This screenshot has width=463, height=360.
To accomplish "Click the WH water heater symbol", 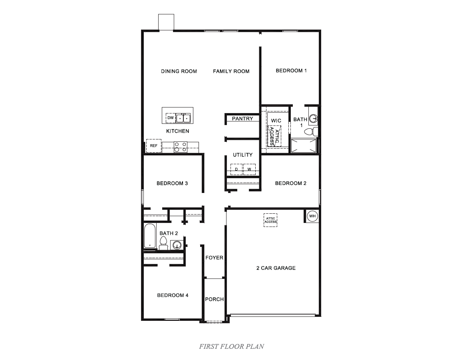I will coord(312,216).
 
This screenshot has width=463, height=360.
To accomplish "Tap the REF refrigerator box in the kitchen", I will coord(153,146).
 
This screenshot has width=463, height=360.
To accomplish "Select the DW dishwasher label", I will coord(171,118).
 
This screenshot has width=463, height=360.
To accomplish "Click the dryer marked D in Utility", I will coord(236,169).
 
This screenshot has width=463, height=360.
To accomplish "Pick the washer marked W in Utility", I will coord(249,169).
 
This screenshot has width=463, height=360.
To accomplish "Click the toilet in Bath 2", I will coord(163,243).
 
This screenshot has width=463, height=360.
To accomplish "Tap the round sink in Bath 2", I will coord(177,245).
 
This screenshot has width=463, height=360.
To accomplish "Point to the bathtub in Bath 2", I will coord(150,237).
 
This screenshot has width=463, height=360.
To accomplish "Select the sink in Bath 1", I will coord(314,118).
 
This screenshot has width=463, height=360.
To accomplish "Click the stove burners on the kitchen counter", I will coord(181,147).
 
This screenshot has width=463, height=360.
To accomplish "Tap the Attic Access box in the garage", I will coord(270,220).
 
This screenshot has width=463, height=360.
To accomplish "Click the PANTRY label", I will coord(242,119).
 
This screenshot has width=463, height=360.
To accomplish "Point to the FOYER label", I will coord(215,258).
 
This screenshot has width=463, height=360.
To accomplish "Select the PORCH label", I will coord(215,299).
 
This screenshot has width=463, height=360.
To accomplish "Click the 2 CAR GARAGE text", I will coord(276,268).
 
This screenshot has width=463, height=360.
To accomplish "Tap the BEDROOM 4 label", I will coord(173,295).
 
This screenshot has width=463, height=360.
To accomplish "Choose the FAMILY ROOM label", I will coord(231,71).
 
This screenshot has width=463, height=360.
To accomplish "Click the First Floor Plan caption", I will coord(231,346).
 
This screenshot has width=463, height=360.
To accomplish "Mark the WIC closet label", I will coord(276,121).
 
